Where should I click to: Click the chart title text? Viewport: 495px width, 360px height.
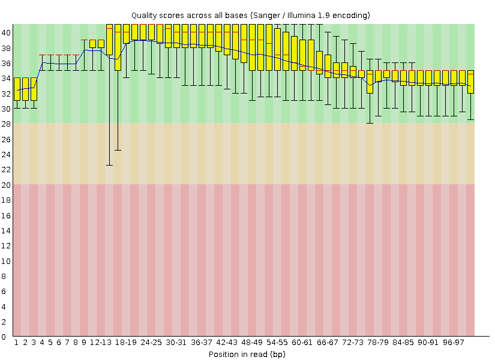click(251, 14)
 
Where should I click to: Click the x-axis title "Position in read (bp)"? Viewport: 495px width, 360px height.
click(247, 354)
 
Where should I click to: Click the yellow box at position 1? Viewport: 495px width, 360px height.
click(17, 89)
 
